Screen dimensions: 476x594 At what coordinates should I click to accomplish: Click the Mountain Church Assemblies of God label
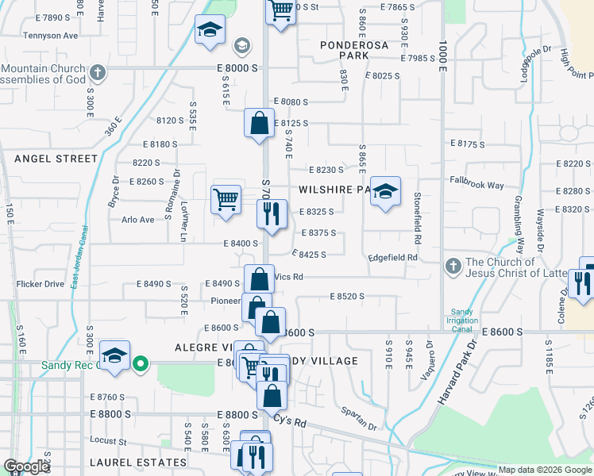point(43,75)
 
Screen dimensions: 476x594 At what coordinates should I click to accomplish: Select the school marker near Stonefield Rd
point(385,192)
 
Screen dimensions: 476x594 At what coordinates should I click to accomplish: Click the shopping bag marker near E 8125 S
point(259,124)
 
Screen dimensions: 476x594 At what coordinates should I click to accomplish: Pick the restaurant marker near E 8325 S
point(272,214)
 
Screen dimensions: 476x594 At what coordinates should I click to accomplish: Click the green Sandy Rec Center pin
point(141,365)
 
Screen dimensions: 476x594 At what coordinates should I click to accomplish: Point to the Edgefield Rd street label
point(392,258)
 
